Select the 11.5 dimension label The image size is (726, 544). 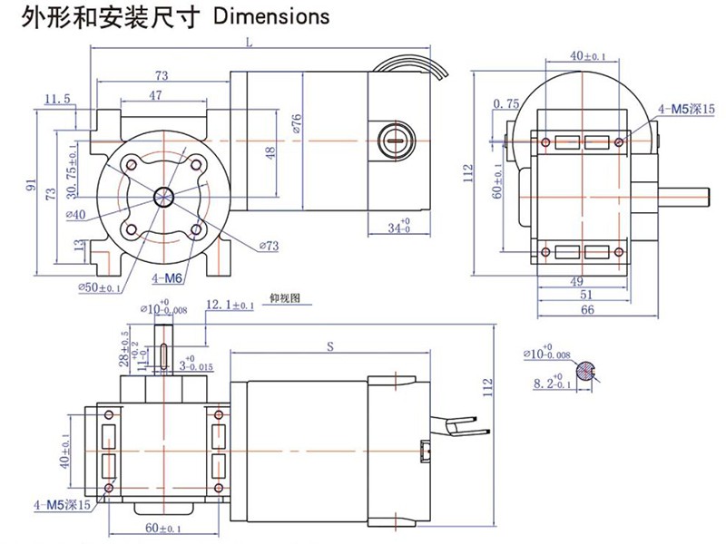point(56,98)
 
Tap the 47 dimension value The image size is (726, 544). point(155,95)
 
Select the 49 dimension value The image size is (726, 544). point(577,280)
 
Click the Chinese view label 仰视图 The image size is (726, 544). point(284,296)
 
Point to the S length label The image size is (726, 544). point(330,345)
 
